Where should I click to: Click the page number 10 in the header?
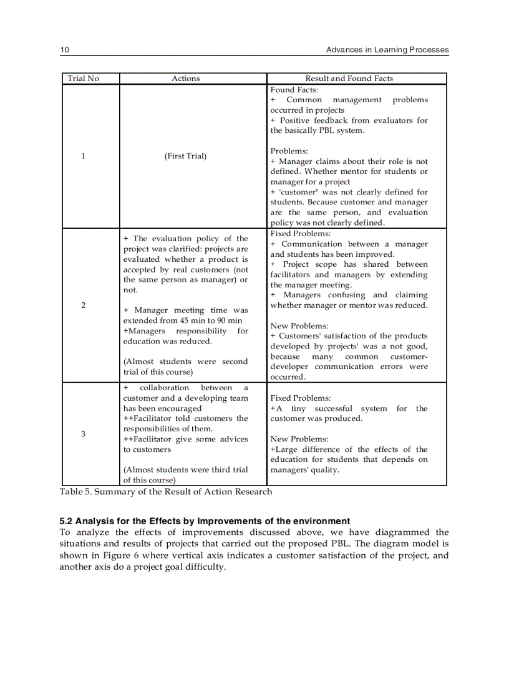(64, 50)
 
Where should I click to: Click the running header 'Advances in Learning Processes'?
(387, 50)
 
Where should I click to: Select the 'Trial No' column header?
(82, 79)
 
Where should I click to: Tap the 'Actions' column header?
(186, 79)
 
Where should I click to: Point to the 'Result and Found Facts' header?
(349, 79)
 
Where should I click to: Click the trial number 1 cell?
(83, 156)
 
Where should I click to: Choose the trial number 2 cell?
(83, 305)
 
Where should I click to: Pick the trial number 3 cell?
(83, 434)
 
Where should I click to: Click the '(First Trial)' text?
(185, 156)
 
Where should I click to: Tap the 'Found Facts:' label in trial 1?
(294, 90)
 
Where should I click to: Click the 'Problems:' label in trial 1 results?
(289, 151)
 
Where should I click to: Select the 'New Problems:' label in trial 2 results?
(299, 325)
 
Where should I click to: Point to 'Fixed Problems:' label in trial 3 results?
(301, 398)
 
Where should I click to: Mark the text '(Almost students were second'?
(185, 362)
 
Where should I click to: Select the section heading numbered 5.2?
(205, 521)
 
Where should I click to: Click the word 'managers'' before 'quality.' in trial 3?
(293, 469)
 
